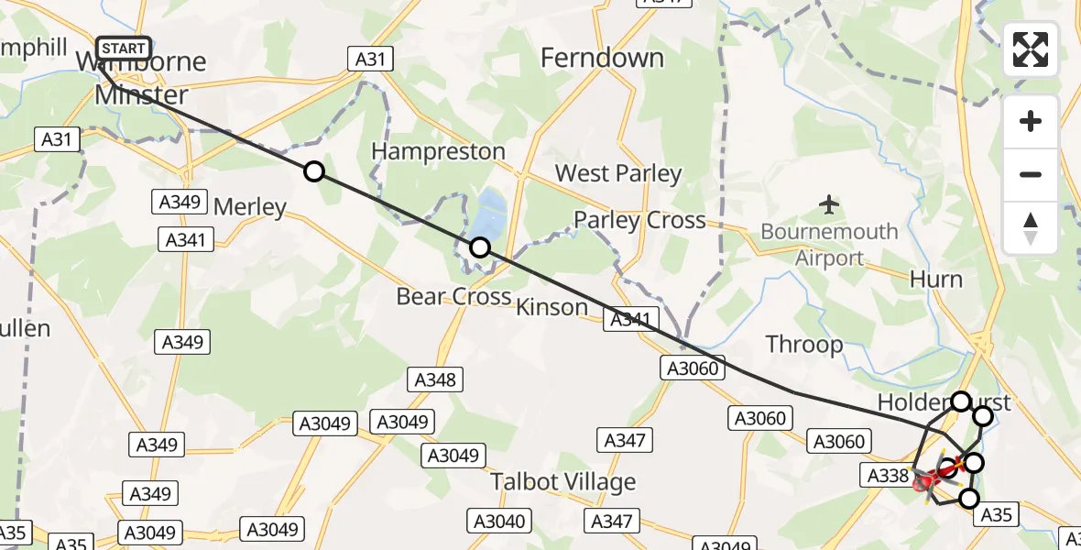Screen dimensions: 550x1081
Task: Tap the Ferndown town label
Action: pos(602,59)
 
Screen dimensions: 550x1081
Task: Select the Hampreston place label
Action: pos(440,151)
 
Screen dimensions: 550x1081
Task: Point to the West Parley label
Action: pos(618,173)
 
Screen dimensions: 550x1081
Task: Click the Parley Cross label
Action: pos(639,220)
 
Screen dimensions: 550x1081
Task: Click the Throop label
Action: pos(804,345)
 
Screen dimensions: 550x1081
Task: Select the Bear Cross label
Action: pos(453,297)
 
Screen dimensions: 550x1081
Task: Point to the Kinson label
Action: pos(551,307)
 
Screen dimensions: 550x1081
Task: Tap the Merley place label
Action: pos(250,207)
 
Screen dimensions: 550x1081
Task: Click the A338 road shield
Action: pos(886,475)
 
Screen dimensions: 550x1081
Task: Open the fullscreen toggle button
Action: pos(1031,50)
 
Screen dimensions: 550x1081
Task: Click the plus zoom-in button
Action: pos(1031,122)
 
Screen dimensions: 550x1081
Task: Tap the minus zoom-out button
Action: pos(1031,174)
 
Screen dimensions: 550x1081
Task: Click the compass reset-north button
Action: pos(1031,227)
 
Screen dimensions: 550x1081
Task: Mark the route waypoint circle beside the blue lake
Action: pos(479,247)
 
